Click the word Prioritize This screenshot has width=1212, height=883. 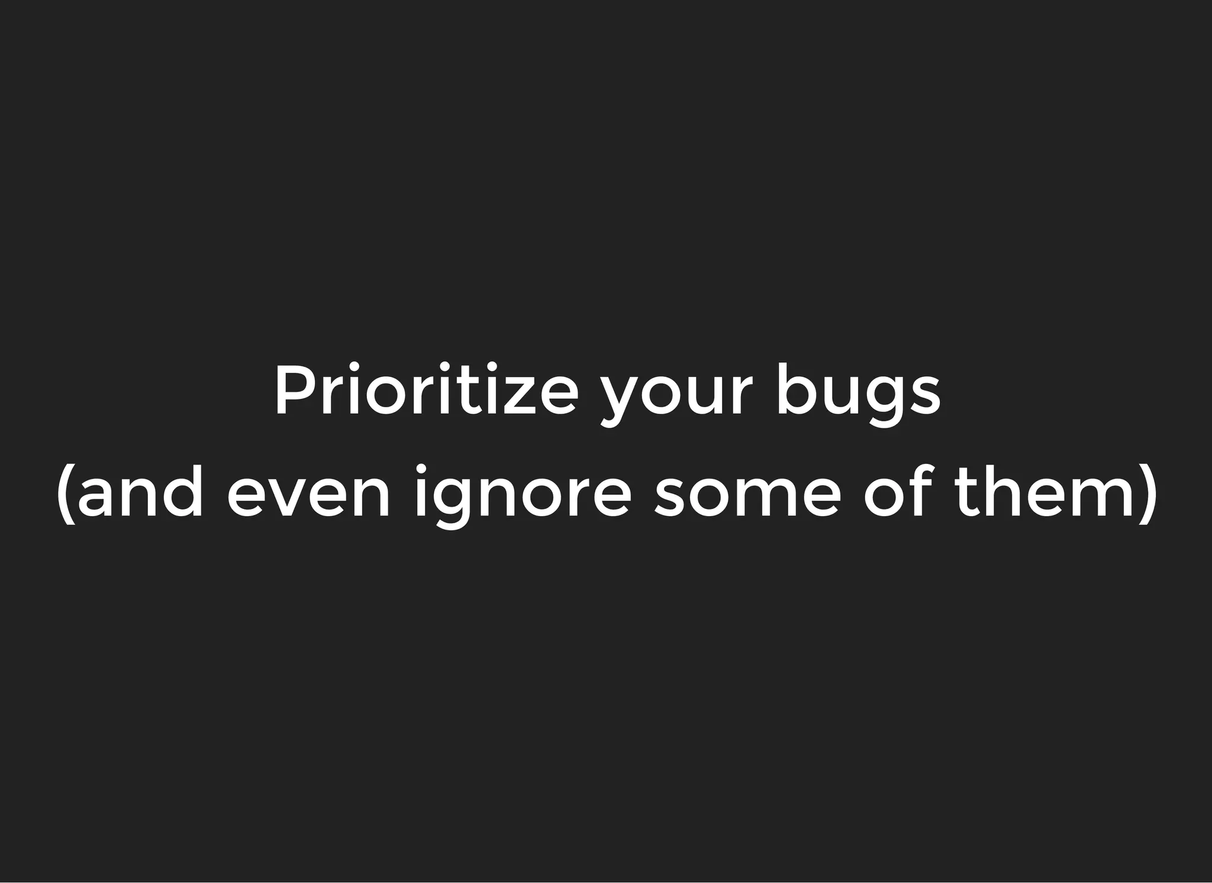(x=425, y=391)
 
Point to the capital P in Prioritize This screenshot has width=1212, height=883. (x=290, y=391)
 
